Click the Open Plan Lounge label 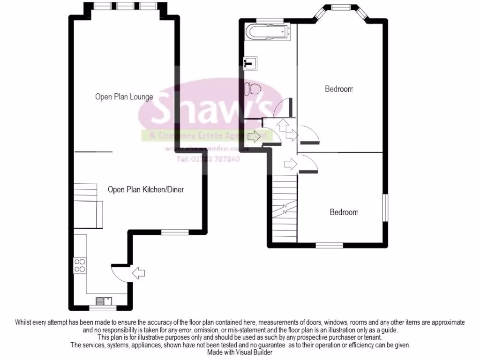point(124,97)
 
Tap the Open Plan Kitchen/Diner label point(145,190)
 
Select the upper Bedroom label point(339,89)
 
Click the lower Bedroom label point(344,212)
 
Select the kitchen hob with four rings point(80,266)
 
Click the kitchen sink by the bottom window point(103,301)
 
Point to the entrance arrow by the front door point(139,273)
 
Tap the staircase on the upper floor point(285,208)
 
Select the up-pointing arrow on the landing point(282,125)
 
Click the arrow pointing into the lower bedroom point(291,164)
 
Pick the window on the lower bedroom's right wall point(386,207)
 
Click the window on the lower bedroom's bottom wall point(329,245)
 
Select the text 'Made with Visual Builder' point(240,352)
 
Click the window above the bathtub point(270,20)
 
